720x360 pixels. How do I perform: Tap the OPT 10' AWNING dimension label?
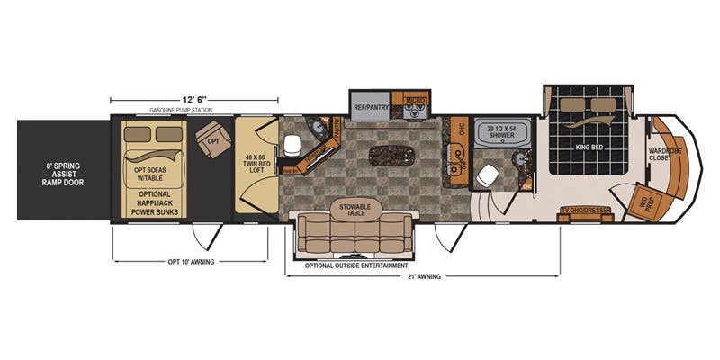click(191, 262)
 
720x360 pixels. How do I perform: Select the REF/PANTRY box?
click(369, 107)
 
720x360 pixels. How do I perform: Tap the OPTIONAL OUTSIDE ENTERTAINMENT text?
click(356, 266)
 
